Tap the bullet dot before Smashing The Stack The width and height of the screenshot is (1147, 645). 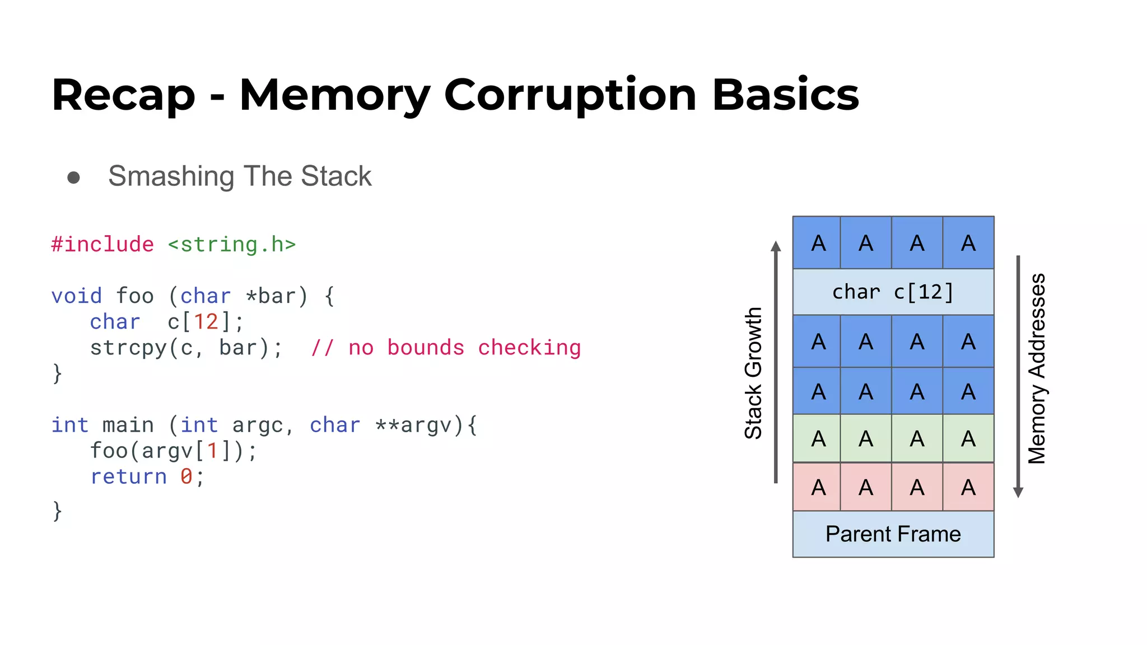click(x=73, y=177)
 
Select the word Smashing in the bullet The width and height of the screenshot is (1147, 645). click(x=171, y=176)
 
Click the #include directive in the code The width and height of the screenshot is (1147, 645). click(x=102, y=245)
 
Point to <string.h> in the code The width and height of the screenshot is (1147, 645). click(x=231, y=245)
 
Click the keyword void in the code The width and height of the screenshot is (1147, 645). click(x=76, y=296)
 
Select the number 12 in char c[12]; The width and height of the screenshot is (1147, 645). click(x=206, y=322)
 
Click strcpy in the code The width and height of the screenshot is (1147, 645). click(x=128, y=348)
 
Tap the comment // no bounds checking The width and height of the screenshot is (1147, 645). click(x=446, y=348)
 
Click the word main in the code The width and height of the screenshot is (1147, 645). click(x=128, y=425)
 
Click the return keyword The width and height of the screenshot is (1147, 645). click(x=128, y=476)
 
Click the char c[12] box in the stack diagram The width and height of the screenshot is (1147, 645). click(x=893, y=292)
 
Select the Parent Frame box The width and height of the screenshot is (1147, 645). click(x=893, y=534)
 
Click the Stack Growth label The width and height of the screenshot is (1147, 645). click(x=753, y=373)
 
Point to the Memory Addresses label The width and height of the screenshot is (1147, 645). click(x=1037, y=368)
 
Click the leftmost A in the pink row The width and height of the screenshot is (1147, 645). click(x=818, y=488)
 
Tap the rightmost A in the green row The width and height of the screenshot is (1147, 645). click(x=968, y=439)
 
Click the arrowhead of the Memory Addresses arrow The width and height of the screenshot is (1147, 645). click(x=1018, y=493)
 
